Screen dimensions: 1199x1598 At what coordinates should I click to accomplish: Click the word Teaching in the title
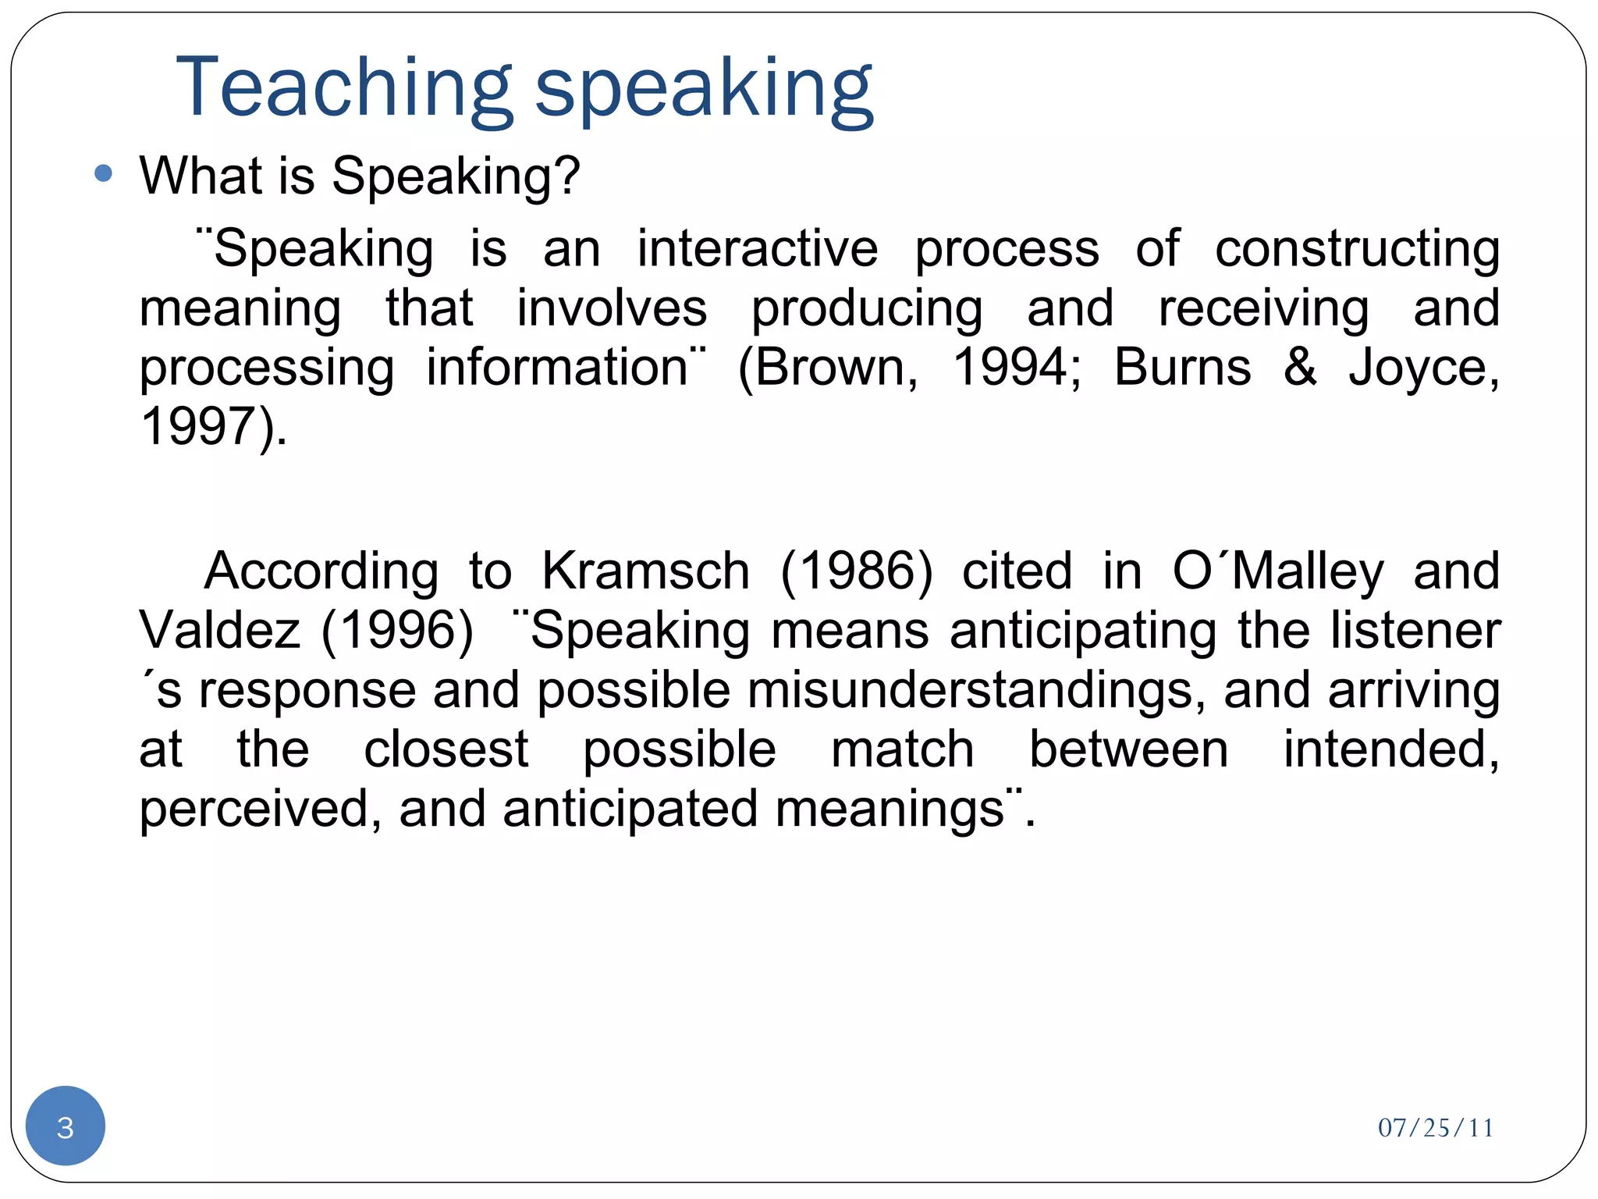pyautogui.click(x=343, y=87)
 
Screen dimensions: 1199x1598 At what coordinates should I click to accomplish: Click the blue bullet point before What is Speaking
pyautogui.click(x=103, y=173)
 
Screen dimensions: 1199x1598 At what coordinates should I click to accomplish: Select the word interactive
pyautogui.click(x=757, y=249)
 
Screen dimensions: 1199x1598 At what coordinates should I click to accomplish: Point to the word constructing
pyautogui.click(x=1357, y=250)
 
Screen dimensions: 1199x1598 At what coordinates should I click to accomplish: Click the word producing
pyautogui.click(x=866, y=309)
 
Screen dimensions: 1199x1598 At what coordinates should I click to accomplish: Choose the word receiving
pyautogui.click(x=1263, y=309)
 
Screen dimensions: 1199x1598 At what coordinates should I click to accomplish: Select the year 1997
pyautogui.click(x=199, y=426)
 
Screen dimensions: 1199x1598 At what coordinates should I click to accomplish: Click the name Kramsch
pyautogui.click(x=645, y=571)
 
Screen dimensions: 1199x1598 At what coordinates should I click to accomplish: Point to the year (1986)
pyautogui.click(x=856, y=571)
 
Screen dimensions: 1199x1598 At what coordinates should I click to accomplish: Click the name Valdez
pyautogui.click(x=219, y=630)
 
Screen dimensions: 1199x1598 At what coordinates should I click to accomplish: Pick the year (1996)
pyautogui.click(x=397, y=630)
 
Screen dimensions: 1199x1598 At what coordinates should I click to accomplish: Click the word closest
pyautogui.click(x=446, y=749)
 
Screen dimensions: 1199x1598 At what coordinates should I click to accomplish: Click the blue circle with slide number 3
pyautogui.click(x=66, y=1126)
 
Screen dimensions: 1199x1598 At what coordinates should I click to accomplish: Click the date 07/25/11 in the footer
pyautogui.click(x=1435, y=1128)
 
